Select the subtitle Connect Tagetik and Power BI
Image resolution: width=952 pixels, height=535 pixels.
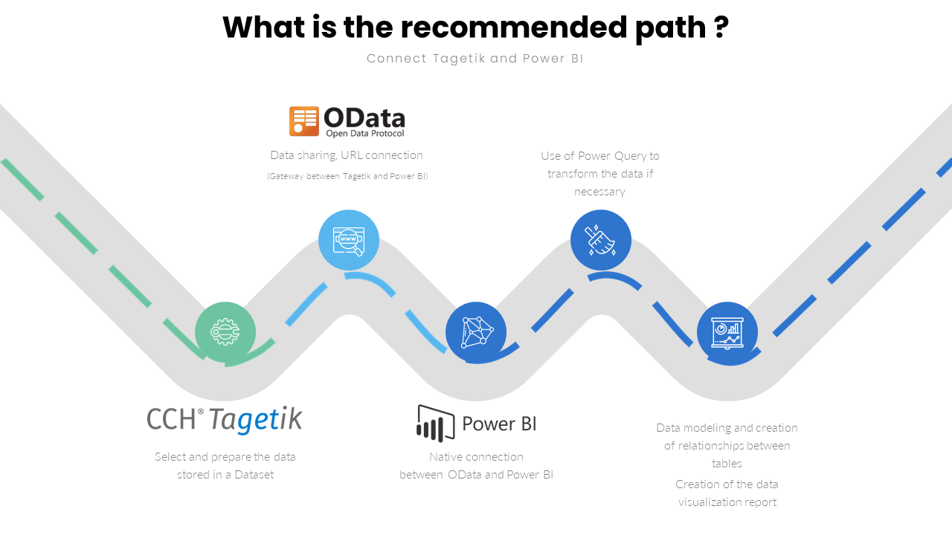475,59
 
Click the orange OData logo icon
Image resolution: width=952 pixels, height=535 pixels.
303,121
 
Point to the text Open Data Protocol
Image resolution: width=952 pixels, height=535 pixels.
365,134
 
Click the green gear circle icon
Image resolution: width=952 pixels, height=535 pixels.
225,332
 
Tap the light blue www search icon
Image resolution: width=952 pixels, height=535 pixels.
349,240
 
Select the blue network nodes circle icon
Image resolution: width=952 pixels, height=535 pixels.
476,332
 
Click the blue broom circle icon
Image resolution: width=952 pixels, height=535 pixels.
600,240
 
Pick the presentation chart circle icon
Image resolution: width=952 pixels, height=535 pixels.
727,332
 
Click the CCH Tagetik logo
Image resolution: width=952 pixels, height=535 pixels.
225,419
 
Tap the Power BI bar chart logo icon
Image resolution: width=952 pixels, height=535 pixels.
435,424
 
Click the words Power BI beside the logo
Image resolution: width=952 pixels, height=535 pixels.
499,424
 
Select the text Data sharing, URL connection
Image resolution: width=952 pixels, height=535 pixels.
347,155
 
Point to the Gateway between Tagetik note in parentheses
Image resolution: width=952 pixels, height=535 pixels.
347,176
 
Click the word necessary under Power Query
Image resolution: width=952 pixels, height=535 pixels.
599,192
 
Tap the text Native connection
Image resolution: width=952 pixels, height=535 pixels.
476,457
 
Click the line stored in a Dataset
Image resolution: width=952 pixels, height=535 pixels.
225,475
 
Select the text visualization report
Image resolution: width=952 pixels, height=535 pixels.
727,502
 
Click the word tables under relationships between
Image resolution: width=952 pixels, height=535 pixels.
727,464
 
